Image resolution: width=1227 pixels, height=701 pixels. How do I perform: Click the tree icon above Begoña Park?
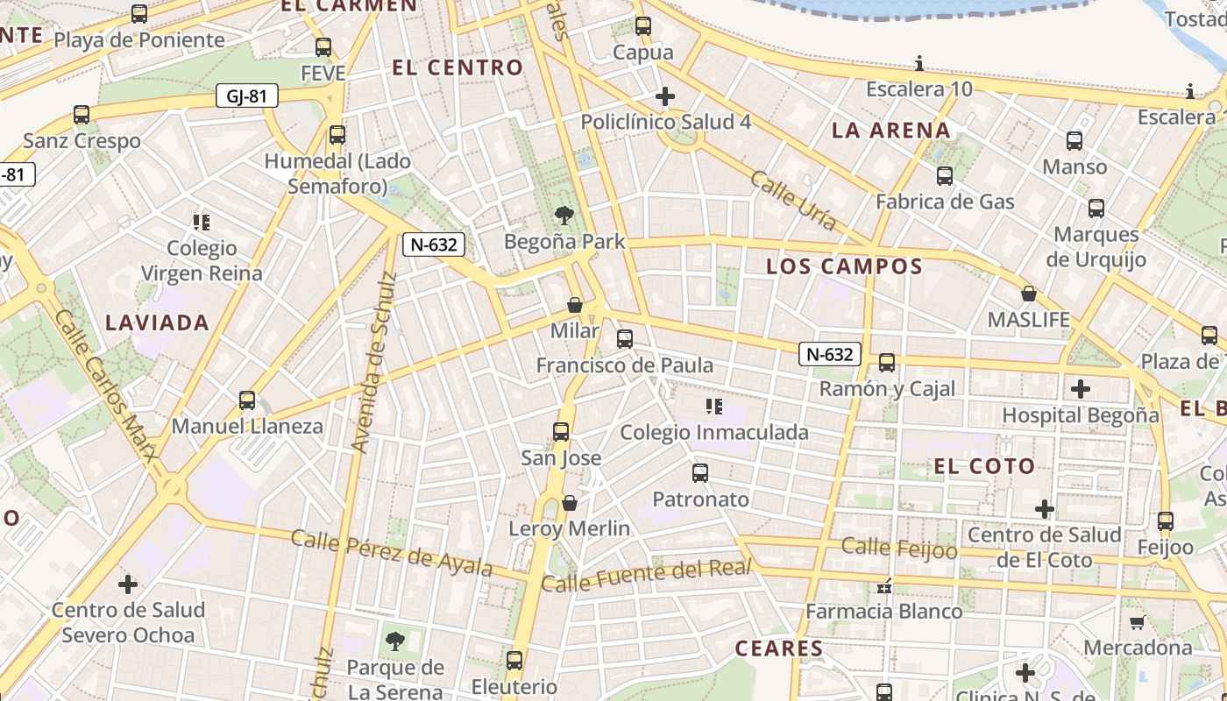(x=564, y=215)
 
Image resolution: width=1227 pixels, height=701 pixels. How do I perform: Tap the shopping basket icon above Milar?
(x=575, y=305)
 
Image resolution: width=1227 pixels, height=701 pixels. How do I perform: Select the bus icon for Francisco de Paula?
(x=625, y=338)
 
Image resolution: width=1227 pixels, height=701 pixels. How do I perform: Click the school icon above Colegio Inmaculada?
(x=714, y=406)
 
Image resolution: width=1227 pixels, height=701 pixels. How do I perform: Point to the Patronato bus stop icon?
(x=700, y=473)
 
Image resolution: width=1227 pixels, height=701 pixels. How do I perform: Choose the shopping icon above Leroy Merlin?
(x=570, y=503)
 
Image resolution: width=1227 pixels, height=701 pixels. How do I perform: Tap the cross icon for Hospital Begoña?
(x=1081, y=388)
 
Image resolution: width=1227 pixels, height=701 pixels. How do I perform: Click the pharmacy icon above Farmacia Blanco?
(x=884, y=585)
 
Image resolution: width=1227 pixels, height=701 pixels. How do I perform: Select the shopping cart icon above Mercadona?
(x=1138, y=622)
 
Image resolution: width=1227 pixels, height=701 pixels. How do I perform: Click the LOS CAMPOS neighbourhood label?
(x=845, y=266)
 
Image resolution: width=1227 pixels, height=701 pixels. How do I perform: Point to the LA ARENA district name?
(x=890, y=131)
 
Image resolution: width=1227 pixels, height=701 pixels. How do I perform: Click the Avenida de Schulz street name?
(x=374, y=363)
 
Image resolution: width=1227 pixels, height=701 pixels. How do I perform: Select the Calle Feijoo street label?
(x=899, y=548)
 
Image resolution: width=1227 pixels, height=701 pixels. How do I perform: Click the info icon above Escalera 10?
(x=919, y=63)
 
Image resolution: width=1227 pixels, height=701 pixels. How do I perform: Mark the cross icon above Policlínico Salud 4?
(x=665, y=96)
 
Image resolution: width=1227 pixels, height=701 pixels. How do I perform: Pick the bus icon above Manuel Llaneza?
(x=247, y=400)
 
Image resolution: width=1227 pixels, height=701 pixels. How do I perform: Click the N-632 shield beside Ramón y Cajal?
(x=829, y=354)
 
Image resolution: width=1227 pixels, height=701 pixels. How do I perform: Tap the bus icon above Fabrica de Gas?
(x=945, y=176)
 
